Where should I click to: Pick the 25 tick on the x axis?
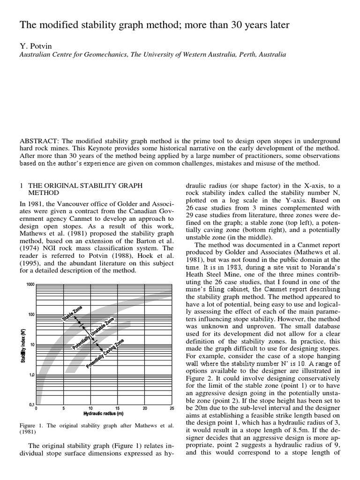172,408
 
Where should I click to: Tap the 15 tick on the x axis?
118,408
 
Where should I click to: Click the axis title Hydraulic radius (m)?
103,413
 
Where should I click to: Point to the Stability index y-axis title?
22,345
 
